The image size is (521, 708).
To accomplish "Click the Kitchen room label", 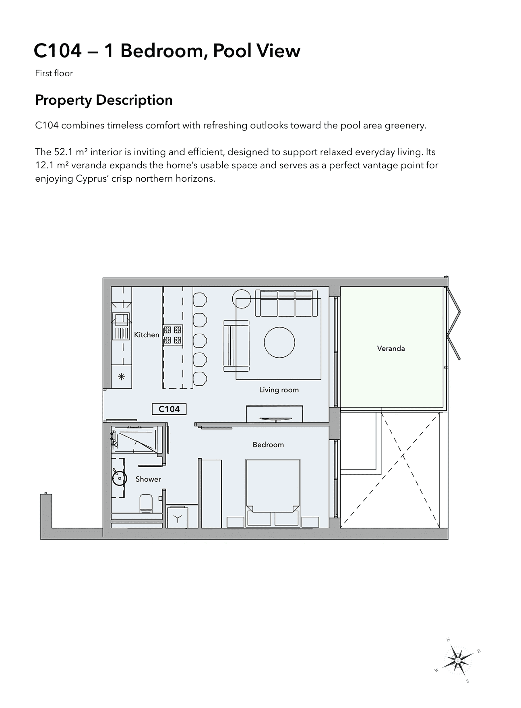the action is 147,335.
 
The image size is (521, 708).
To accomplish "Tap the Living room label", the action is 279,390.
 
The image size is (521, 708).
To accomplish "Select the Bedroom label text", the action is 268,445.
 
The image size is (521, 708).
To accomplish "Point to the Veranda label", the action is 391,348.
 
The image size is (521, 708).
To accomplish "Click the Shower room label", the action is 148,479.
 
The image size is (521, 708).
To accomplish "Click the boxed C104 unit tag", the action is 169,409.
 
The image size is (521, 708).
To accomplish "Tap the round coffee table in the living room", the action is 279,343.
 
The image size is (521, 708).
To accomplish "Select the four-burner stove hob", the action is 172,335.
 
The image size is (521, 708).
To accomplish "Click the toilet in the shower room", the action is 146,503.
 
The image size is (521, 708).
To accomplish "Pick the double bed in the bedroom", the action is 273,493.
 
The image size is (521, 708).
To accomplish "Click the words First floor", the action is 54,73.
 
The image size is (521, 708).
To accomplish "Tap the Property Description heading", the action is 104,100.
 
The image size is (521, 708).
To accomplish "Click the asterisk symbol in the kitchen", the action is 121,377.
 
